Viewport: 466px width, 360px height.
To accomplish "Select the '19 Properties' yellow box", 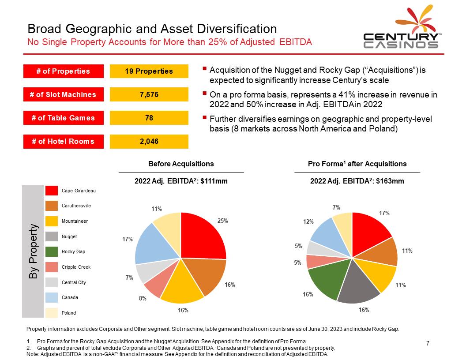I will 149,71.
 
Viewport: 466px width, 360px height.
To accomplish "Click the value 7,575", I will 149,94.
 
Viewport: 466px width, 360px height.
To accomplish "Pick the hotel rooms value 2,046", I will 149,141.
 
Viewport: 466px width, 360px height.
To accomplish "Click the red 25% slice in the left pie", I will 203,236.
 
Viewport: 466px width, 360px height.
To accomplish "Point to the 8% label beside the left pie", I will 143,298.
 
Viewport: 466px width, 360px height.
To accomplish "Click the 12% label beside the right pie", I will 308,222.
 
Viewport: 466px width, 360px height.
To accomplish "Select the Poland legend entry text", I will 69,313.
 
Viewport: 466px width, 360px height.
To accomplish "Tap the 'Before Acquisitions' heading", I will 181,164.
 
